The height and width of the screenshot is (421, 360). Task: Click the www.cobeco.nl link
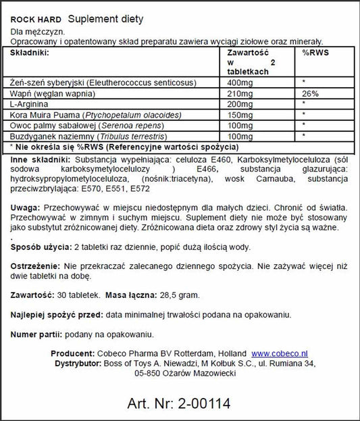280,353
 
